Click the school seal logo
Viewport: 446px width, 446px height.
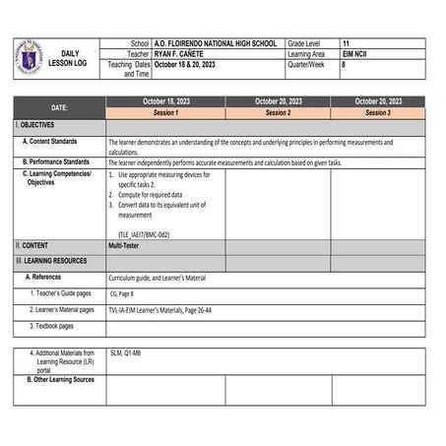(29, 57)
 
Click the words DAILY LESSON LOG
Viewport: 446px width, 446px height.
(68, 58)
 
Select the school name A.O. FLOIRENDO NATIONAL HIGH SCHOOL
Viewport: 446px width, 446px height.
(217, 44)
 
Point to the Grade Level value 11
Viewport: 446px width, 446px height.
(346, 44)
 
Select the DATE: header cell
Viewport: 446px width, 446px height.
(59, 107)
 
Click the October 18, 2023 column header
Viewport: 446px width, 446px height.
(165, 101)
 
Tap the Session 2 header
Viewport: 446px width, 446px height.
(278, 113)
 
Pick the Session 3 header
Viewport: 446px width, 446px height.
(377, 113)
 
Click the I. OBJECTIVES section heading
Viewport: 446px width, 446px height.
(35, 126)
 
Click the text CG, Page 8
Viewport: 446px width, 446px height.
(121, 293)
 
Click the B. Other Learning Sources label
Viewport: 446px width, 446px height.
(60, 379)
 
